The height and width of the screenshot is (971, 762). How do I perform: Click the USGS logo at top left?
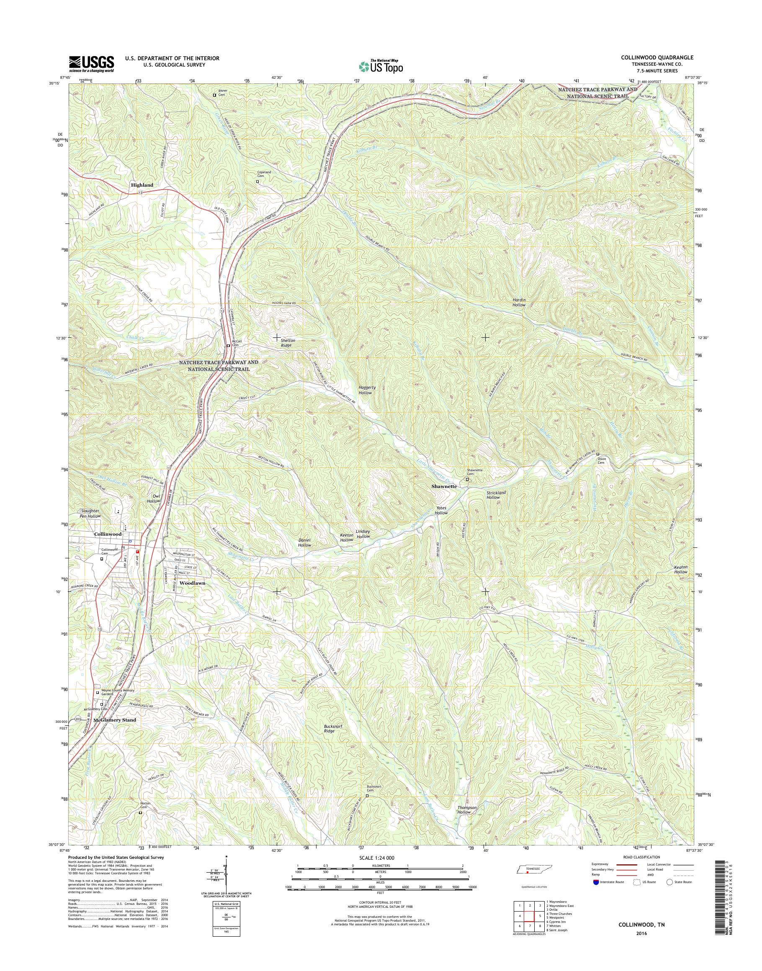[91, 64]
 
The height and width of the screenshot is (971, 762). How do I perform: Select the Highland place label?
[142, 185]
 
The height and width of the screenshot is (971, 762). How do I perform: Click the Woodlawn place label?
[192, 583]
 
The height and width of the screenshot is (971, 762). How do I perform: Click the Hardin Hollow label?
[519, 302]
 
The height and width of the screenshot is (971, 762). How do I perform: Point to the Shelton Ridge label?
[288, 342]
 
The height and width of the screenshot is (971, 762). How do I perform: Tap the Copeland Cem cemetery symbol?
[257, 182]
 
